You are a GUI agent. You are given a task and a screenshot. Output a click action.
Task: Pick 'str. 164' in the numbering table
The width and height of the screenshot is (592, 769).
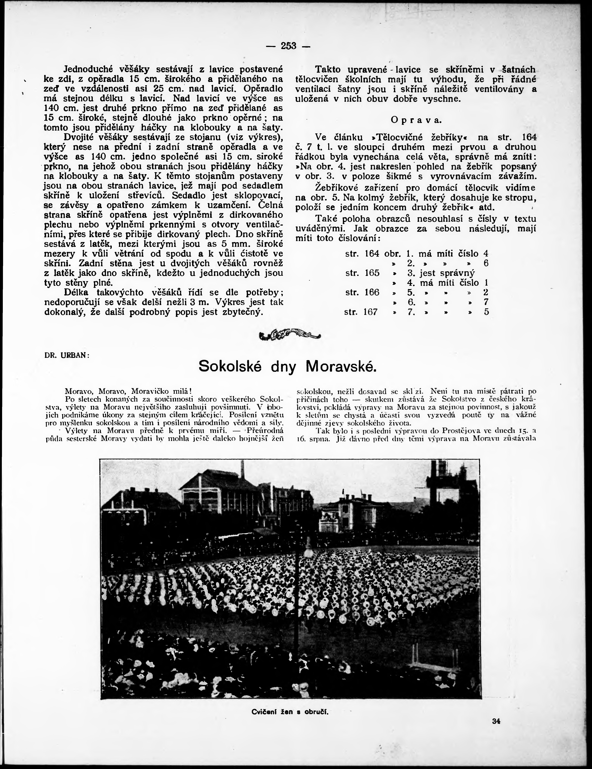tap(362, 254)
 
